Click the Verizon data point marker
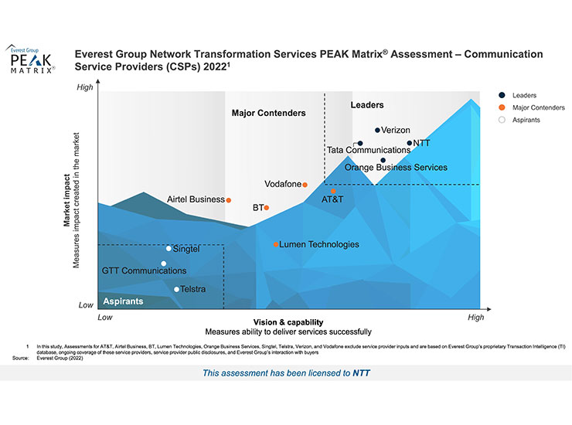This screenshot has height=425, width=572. [x=377, y=131]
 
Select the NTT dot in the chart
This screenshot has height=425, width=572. [x=410, y=143]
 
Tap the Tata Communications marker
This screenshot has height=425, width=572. [x=359, y=143]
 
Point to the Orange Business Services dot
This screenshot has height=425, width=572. [x=383, y=161]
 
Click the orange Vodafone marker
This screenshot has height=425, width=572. [x=305, y=185]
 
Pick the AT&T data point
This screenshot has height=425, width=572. [x=333, y=191]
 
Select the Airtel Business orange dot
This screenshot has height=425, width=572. [x=229, y=199]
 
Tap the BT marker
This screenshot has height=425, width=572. [x=267, y=208]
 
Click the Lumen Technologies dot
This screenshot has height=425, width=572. [x=276, y=245]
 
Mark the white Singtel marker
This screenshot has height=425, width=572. [x=169, y=249]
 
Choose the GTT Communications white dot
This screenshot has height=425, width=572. [x=163, y=263]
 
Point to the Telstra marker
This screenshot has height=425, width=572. [x=176, y=290]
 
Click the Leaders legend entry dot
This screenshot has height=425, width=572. [x=502, y=95]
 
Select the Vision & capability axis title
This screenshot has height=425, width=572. [x=288, y=322]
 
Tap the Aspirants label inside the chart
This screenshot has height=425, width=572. [x=123, y=301]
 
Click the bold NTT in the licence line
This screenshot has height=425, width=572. [x=361, y=373]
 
